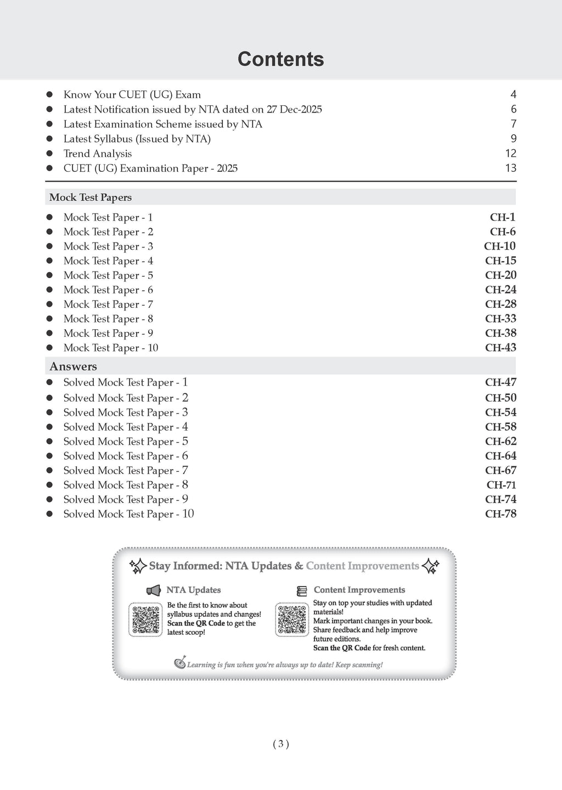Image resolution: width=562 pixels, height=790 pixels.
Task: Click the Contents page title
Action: pyautogui.click(x=280, y=59)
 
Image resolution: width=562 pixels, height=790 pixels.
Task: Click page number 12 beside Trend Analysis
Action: pyautogui.click(x=510, y=154)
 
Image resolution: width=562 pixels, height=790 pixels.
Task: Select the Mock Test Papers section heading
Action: pyautogui.click(x=91, y=198)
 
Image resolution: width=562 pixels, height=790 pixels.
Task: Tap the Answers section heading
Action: pyautogui.click(x=73, y=366)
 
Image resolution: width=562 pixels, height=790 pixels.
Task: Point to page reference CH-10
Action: pyautogui.click(x=499, y=246)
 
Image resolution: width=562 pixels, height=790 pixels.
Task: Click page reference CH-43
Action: pyautogui.click(x=501, y=348)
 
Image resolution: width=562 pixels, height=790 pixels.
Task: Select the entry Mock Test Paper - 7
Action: pyautogui.click(x=108, y=304)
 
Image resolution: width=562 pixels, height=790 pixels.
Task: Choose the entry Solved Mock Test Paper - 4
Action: pyautogui.click(x=126, y=427)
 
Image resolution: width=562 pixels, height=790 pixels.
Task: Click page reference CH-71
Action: pyautogui.click(x=501, y=485)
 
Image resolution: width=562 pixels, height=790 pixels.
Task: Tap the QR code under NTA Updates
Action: pyautogui.click(x=145, y=619)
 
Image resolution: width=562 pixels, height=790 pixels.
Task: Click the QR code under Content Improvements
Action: pyautogui.click(x=292, y=619)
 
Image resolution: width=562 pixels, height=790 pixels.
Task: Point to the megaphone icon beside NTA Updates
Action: pyautogui.click(x=153, y=590)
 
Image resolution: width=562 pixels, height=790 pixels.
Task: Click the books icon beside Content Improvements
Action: pyautogui.click(x=302, y=591)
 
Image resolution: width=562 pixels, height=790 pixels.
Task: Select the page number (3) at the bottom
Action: pyautogui.click(x=280, y=744)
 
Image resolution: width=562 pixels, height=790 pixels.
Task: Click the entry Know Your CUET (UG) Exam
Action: pyautogui.click(x=132, y=95)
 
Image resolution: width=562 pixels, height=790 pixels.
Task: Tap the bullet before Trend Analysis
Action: pyautogui.click(x=49, y=154)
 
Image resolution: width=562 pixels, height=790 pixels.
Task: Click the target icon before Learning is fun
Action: pyautogui.click(x=180, y=663)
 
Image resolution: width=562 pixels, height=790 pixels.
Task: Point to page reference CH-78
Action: pyautogui.click(x=501, y=514)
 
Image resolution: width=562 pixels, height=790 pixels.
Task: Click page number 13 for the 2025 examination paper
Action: pyautogui.click(x=510, y=168)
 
